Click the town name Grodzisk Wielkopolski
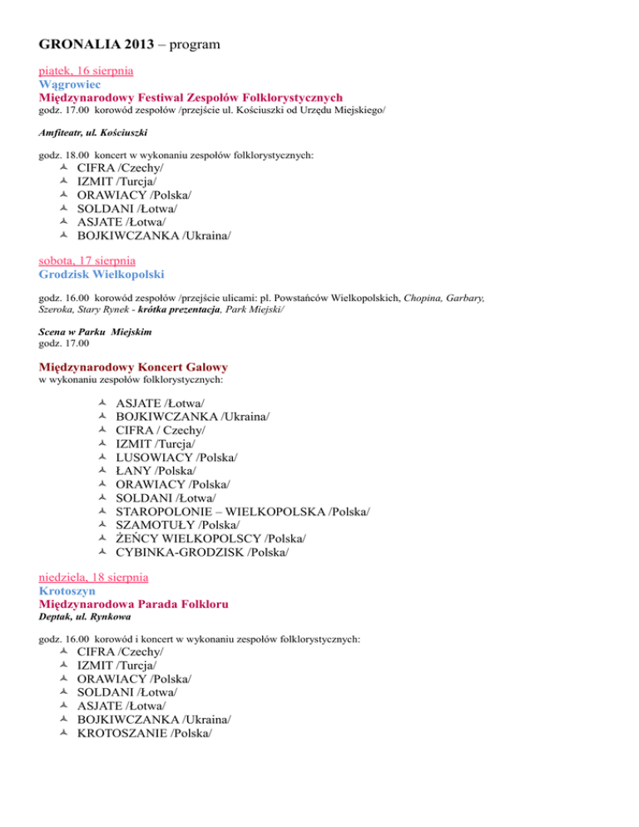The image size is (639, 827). (x=102, y=274)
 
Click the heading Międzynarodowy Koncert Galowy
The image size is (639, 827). (x=133, y=367)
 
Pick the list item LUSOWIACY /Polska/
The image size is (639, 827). (x=176, y=458)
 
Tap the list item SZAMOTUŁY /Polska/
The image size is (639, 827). (x=178, y=525)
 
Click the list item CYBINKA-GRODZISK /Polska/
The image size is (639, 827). (x=202, y=552)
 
